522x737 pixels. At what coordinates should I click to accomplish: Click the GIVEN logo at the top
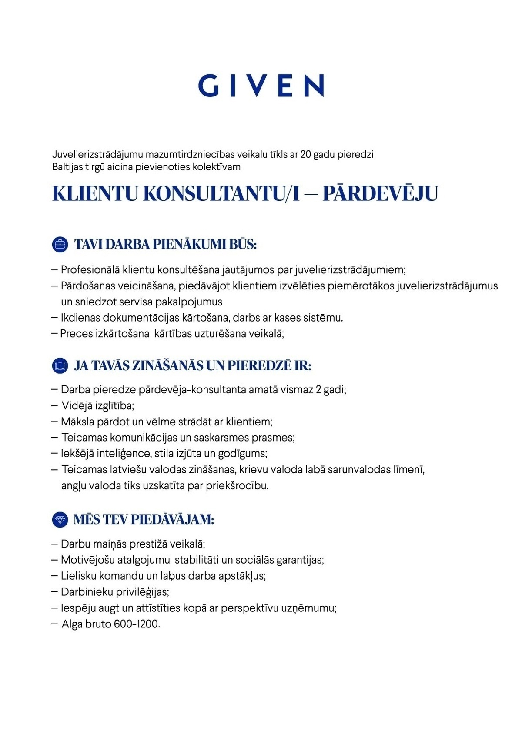click(x=261, y=85)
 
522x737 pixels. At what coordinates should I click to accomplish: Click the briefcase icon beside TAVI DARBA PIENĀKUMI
click(x=60, y=245)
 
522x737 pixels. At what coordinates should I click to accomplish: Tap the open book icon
click(x=60, y=365)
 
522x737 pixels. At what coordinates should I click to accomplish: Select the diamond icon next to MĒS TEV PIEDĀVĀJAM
click(x=60, y=519)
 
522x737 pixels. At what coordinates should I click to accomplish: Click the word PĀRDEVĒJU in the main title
click(x=380, y=194)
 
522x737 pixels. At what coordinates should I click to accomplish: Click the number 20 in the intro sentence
click(x=305, y=154)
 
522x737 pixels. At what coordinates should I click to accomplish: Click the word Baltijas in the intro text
click(x=68, y=166)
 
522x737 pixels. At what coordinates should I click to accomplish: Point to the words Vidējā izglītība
click(x=97, y=406)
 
